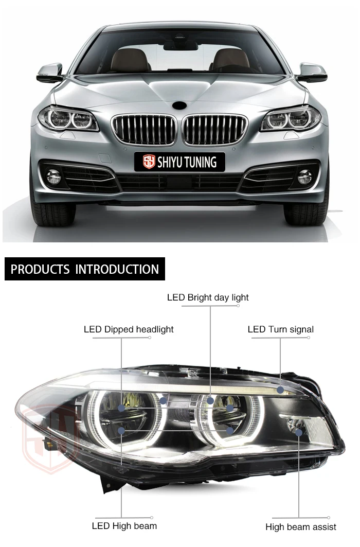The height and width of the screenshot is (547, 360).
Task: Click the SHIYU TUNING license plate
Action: coord(179,162)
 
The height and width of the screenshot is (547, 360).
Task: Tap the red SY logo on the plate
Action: coord(149,162)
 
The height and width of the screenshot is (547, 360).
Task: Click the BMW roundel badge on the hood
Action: coord(180,104)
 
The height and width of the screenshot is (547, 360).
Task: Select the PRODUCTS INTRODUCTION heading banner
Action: coord(85,269)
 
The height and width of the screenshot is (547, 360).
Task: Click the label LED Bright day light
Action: coord(208,297)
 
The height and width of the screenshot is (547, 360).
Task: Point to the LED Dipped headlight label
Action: coord(129,329)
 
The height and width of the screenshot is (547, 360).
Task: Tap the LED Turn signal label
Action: coord(280,329)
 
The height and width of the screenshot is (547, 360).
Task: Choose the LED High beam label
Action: coord(124,525)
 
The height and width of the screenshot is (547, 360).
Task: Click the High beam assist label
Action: coord(301,526)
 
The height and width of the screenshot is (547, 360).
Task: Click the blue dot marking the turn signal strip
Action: coord(280,390)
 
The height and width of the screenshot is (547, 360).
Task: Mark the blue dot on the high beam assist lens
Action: coord(299,432)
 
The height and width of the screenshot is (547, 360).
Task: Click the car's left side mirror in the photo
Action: coord(50,73)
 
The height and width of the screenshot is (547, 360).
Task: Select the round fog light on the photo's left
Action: coord(53,177)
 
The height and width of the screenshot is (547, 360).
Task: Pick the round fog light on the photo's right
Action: coord(304,177)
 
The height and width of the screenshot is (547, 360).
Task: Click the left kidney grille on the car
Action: coord(145,129)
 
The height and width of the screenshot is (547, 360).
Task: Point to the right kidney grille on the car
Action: coord(215,129)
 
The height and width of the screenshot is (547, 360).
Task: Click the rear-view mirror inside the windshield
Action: coord(181,46)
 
